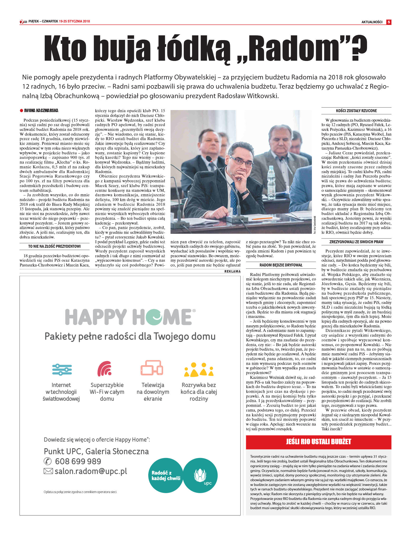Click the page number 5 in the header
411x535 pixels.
(x=389, y=22)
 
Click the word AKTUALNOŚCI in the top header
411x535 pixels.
(x=372, y=22)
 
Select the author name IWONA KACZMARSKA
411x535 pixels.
(x=41, y=111)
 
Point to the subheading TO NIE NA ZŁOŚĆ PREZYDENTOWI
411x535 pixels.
(x=54, y=246)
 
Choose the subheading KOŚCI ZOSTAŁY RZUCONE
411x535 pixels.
(x=356, y=111)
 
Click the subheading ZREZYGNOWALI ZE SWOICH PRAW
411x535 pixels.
(x=356, y=242)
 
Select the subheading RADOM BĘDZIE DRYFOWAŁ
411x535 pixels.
(x=281, y=265)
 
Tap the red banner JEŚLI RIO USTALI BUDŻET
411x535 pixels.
(x=318, y=442)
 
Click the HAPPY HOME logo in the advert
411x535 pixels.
(x=130, y=317)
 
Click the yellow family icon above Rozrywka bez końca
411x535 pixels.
(x=199, y=369)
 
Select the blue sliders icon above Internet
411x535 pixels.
(x=62, y=369)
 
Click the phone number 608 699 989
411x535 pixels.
(x=78, y=461)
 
